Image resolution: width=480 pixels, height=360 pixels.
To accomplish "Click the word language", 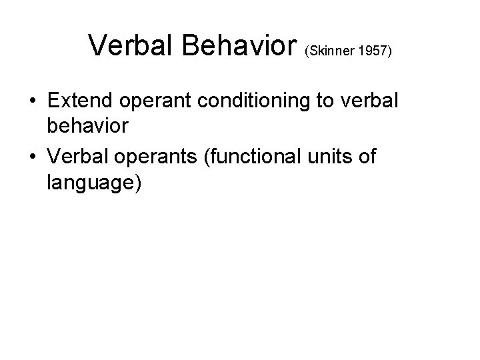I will (x=90, y=183).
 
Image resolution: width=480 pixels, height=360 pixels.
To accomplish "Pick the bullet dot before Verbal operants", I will (x=33, y=157).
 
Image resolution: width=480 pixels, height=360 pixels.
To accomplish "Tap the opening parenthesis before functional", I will (x=203, y=157).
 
